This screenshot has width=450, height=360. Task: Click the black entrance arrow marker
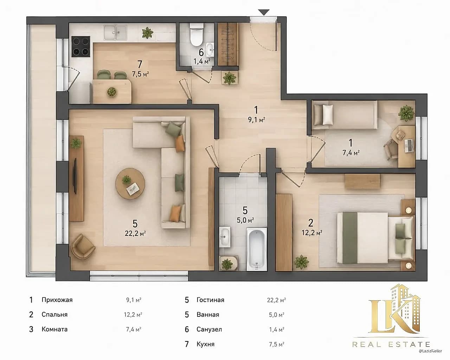coord(264,12)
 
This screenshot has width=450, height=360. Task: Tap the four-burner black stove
coord(81,47)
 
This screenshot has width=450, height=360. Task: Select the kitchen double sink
coord(115,32)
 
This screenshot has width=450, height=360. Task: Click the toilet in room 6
coord(197,34)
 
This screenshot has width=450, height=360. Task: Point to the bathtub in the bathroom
coord(257,249)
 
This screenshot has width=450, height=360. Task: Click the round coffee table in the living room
coord(130,183)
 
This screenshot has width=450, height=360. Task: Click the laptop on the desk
coord(409,146)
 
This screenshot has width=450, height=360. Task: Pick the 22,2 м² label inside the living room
coord(135,233)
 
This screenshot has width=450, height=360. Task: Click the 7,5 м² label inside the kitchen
coord(140,74)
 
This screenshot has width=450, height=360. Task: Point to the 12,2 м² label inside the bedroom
coord(311,233)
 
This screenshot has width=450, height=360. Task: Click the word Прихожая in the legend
coord(57,300)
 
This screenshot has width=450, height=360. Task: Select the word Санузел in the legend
coord(209,329)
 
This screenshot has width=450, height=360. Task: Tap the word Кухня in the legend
coord(205,344)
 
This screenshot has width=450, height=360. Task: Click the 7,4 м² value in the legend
coord(134,330)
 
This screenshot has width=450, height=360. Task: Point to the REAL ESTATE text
coord(391,345)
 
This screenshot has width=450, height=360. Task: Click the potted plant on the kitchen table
coord(111,92)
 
